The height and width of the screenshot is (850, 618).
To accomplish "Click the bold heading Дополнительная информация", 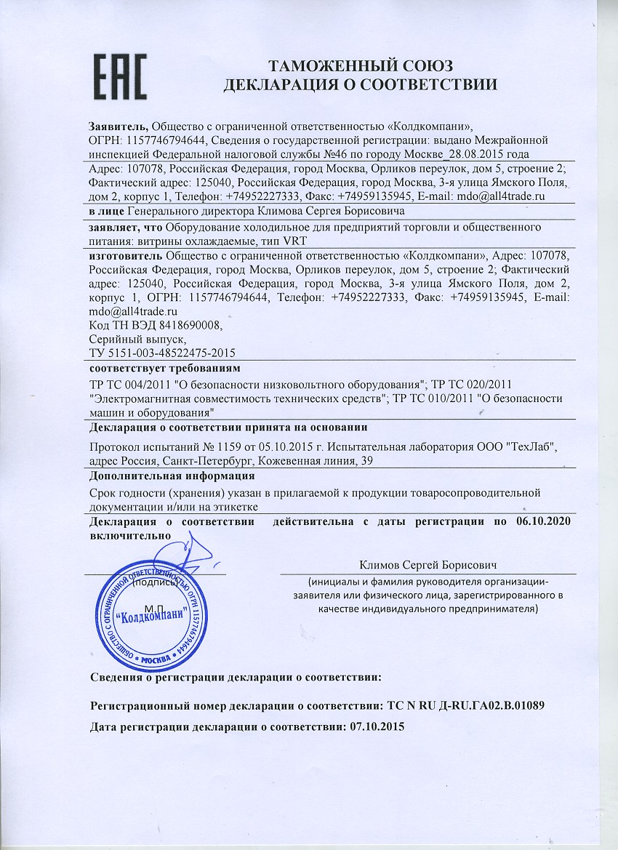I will click(x=172, y=477).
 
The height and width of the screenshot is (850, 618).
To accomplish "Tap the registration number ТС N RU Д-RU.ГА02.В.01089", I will click(x=464, y=706).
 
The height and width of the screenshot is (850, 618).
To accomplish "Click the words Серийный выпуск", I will click(x=137, y=338).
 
